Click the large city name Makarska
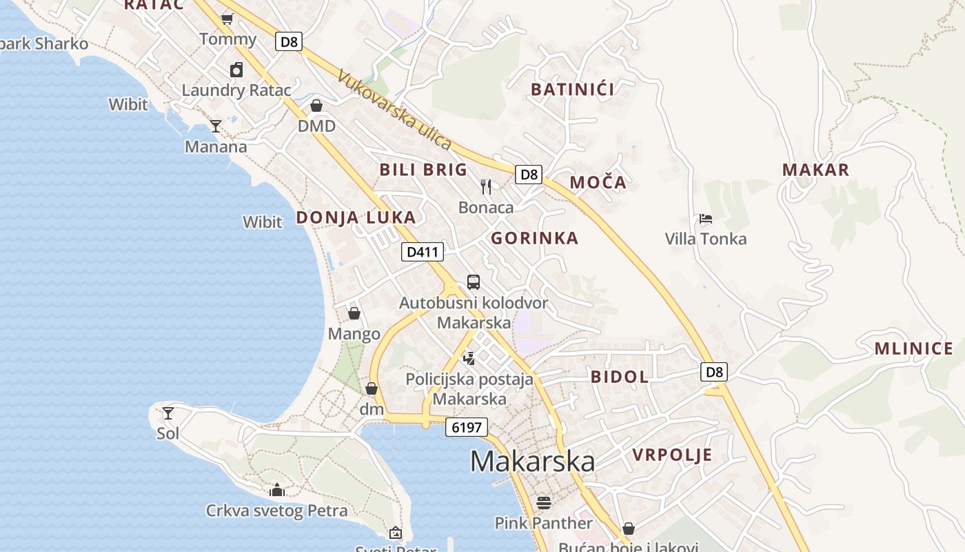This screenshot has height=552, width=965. point(532,461)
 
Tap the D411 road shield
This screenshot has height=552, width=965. point(423,252)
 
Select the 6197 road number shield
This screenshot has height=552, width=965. point(467,427)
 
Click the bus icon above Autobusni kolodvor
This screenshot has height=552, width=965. point(474,282)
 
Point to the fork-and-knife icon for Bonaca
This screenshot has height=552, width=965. point(486,186)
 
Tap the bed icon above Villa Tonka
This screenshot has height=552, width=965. point(705,219)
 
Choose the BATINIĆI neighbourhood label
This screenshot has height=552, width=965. point(573,89)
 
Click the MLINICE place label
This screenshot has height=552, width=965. point(914,348)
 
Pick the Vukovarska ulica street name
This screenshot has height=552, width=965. point(395,110)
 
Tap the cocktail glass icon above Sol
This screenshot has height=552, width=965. point(168,413)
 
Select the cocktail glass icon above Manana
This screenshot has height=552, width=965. point(216,126)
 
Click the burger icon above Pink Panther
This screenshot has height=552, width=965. point(544,502)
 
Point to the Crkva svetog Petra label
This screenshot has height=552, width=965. point(277,511)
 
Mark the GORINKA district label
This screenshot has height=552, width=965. point(535,239)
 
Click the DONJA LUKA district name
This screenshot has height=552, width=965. point(356,217)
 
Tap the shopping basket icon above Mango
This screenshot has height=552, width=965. point(354,313)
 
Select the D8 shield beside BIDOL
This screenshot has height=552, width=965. point(715,373)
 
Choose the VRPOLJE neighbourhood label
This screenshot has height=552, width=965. point(673,455)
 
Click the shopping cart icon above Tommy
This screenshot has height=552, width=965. point(227,19)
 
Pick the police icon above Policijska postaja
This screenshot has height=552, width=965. point(469,357)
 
